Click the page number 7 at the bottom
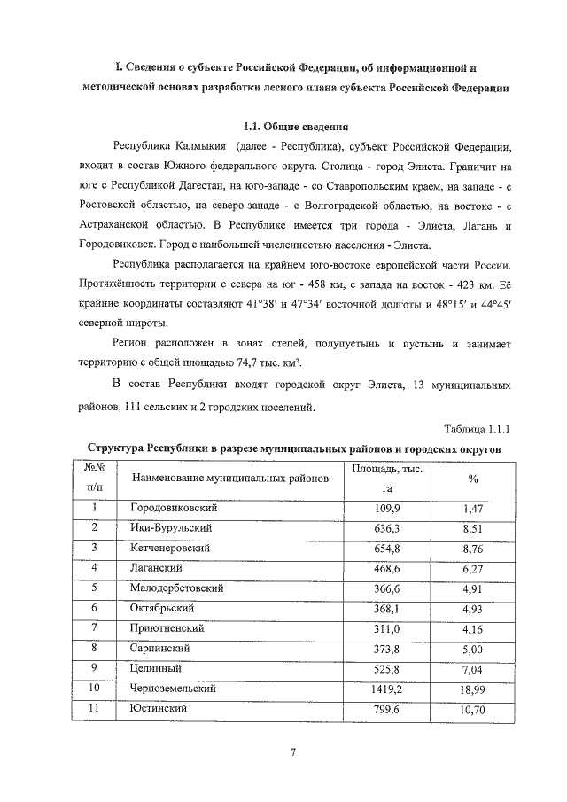[291, 753]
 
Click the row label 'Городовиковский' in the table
[174, 510]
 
